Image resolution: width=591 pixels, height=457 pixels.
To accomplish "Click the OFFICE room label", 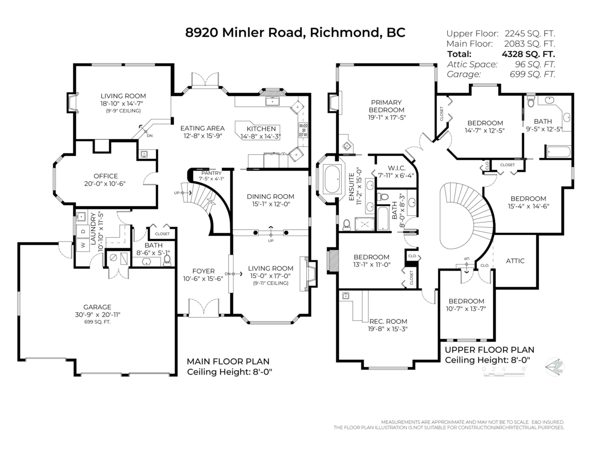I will click(x=106, y=176).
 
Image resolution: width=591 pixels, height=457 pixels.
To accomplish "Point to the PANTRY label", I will click(x=210, y=173).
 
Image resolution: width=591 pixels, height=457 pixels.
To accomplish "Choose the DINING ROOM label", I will click(x=270, y=196).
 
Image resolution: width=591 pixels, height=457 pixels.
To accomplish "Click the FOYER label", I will click(x=203, y=271).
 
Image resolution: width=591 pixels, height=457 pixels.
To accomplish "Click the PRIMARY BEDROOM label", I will click(x=387, y=106).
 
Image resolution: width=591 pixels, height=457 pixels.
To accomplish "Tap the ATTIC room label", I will click(x=515, y=261).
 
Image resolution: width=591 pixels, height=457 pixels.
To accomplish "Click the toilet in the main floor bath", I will click(x=167, y=259).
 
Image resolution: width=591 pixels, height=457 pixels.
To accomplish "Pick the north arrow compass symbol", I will click(x=556, y=367).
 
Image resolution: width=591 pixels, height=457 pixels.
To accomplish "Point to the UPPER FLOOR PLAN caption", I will click(x=489, y=350).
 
